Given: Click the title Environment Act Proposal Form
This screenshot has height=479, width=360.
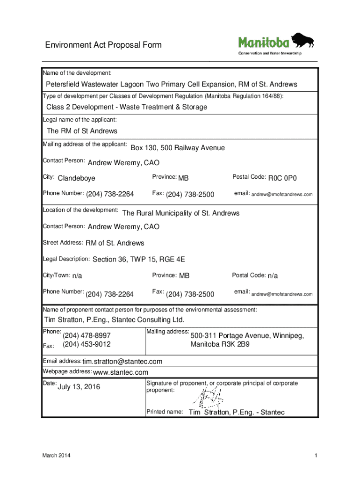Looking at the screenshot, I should point(103,45).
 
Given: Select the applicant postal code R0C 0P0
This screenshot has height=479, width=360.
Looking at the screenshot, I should point(283,178).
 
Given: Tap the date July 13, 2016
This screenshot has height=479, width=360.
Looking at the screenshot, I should point(79,387).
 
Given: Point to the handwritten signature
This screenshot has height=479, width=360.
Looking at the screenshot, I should point(207,397).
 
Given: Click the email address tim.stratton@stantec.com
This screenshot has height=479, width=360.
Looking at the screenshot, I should point(122,362).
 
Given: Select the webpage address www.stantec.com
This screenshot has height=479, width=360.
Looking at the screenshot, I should point(121,372).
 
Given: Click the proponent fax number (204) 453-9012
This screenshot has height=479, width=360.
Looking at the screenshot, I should point(86,344).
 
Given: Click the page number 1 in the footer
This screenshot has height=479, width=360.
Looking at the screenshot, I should point(316,456).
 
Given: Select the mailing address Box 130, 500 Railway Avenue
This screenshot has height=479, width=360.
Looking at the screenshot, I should point(178,148).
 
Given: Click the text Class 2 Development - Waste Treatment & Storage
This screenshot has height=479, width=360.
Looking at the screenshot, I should point(127,107).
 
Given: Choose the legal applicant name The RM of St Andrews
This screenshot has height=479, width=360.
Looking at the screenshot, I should point(82,131).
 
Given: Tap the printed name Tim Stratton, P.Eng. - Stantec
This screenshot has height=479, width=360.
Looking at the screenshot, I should point(236,413).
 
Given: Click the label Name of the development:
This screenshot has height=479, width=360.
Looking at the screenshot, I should point(77,73).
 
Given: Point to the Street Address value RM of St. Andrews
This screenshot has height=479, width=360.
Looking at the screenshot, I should point(115,243).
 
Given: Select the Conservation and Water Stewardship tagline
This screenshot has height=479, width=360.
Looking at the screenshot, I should point(270,53).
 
